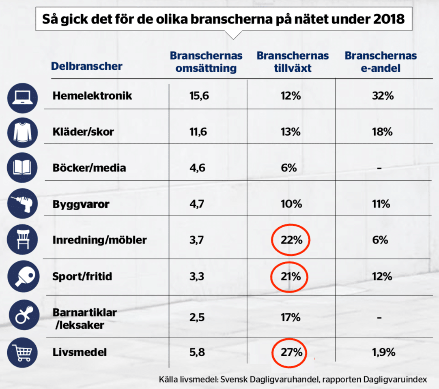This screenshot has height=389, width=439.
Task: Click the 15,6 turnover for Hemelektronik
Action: (x=199, y=96)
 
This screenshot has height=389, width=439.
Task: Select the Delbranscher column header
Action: (x=86, y=66)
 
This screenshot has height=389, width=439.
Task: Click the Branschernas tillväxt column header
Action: (x=293, y=62)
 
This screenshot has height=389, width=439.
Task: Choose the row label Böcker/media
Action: (x=89, y=168)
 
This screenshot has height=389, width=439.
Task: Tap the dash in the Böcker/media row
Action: (x=379, y=168)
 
